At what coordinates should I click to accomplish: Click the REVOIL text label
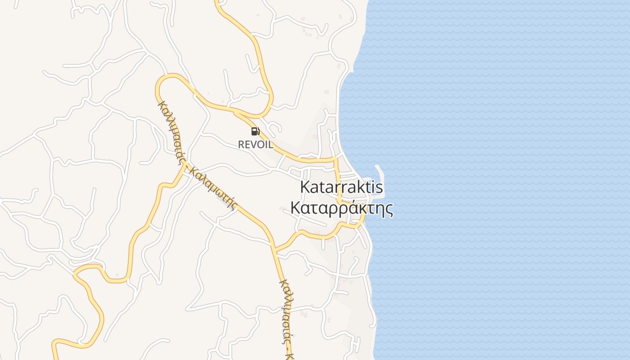[x=255, y=144]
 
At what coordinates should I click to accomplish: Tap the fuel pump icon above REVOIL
[x=255, y=131]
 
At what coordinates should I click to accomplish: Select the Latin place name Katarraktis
[x=342, y=187]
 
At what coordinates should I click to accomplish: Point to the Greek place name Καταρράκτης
[x=342, y=208]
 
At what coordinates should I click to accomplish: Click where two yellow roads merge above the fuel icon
[x=234, y=110]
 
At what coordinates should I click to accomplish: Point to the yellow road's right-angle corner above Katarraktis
[x=335, y=159]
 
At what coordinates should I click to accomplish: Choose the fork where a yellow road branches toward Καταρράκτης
[x=275, y=248]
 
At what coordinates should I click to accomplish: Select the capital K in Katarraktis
[x=305, y=187]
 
